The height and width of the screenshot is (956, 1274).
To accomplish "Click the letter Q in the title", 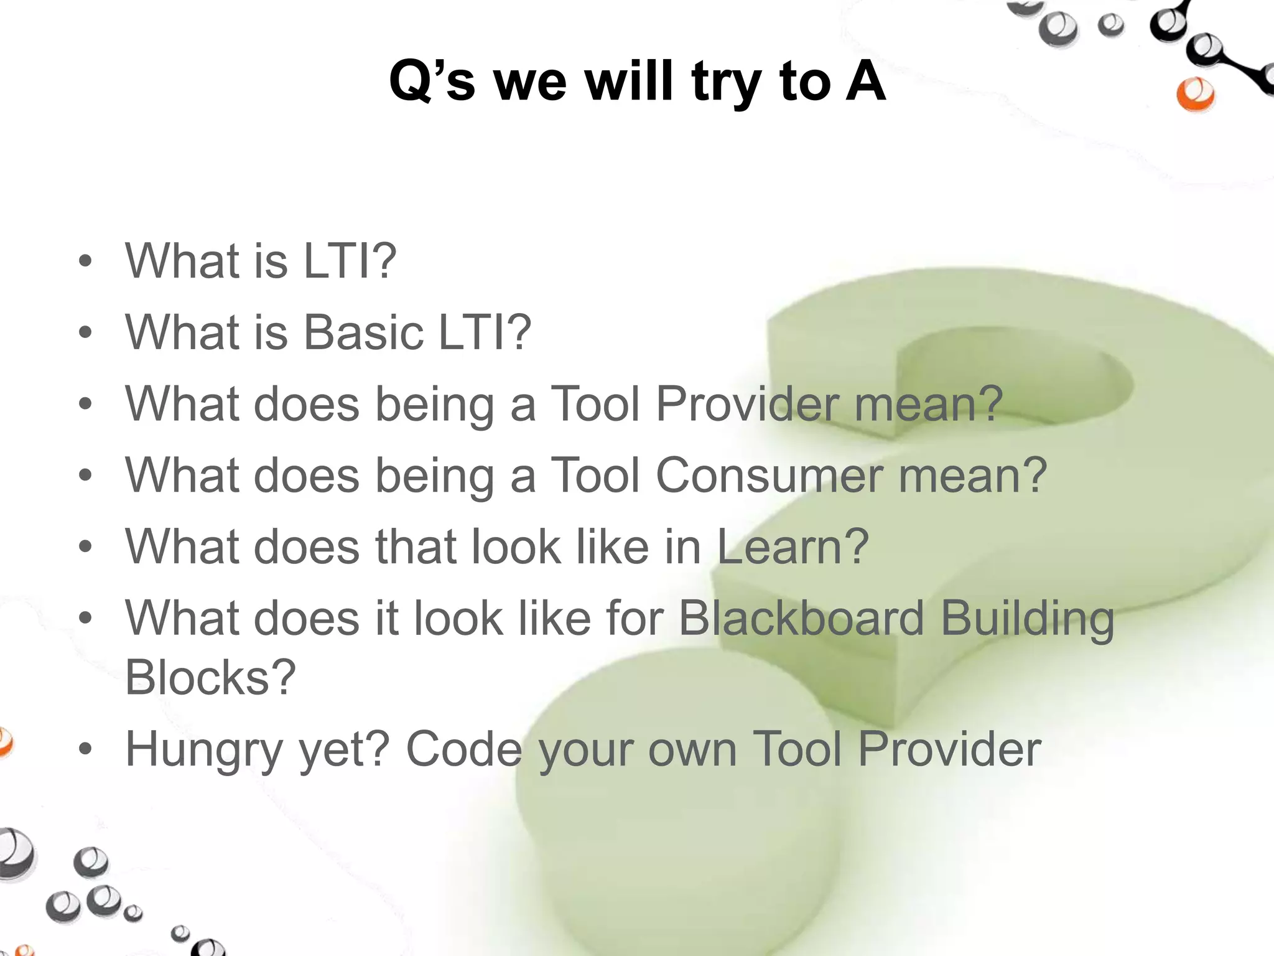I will pos(412,81).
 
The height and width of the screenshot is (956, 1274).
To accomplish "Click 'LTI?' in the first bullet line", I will pos(349,260).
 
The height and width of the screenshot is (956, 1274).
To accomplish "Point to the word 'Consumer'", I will pos(770,475).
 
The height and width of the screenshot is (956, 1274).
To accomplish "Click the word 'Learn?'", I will pos(793,546).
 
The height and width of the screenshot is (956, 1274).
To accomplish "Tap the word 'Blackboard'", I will pos(801,619).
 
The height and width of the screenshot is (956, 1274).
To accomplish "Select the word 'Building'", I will pos(1027,620).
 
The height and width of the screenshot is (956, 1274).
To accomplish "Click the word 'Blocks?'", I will pos(210,677).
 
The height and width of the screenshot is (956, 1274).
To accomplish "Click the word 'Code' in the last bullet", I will pos(463,749).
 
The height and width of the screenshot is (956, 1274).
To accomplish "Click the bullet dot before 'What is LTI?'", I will pos(85,261).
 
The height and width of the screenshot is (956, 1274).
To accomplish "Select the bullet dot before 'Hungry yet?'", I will pos(85,749).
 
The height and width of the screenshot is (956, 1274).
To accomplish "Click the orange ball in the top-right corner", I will pos(1195,95).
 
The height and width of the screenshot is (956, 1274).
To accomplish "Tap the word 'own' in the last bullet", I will pos(692,750).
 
